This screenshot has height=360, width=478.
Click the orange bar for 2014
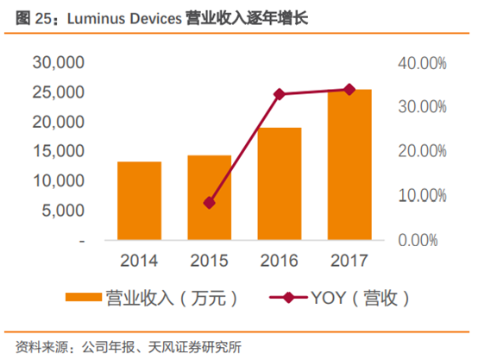coord(139,200)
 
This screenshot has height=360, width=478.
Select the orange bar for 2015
coord(210,198)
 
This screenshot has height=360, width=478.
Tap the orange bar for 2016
coord(280,184)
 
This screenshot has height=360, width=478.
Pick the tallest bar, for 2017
coord(349,165)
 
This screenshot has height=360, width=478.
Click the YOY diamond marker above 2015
coord(210,203)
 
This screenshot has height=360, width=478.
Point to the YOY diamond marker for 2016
coord(280,93)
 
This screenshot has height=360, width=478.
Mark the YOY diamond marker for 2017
coord(349,89)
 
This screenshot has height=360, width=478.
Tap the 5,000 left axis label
coord(62,211)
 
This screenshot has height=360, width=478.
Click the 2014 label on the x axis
coord(139,260)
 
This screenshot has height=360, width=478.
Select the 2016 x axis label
coord(280,260)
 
